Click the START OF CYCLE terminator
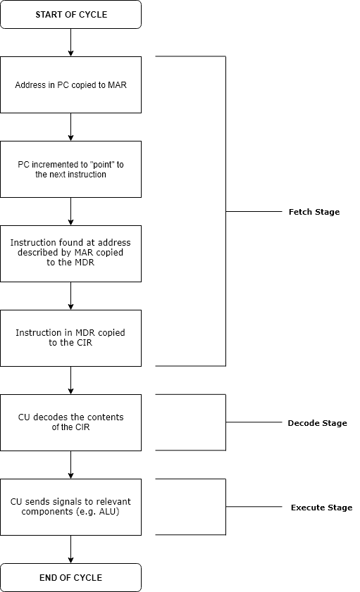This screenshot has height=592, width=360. [70, 14]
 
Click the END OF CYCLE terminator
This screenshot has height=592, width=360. [70, 577]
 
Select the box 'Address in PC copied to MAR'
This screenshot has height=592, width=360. [70, 84]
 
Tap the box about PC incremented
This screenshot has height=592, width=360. [70, 169]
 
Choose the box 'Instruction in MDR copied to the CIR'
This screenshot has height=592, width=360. [70, 338]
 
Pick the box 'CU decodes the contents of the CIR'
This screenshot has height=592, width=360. [70, 422]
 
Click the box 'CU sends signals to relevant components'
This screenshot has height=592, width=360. [70, 507]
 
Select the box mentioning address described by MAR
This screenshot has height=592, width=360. [70, 253]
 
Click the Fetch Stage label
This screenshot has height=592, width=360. [314, 212]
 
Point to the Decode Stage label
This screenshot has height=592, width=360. [317, 423]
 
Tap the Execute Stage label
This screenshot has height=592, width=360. [321, 508]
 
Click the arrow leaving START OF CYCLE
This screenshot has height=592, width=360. [70, 42]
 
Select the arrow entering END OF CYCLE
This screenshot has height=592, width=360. [70, 549]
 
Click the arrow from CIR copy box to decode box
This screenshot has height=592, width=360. [70, 380]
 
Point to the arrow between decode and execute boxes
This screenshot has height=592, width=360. [70, 465]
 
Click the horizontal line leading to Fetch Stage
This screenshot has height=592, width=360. [254, 211]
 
